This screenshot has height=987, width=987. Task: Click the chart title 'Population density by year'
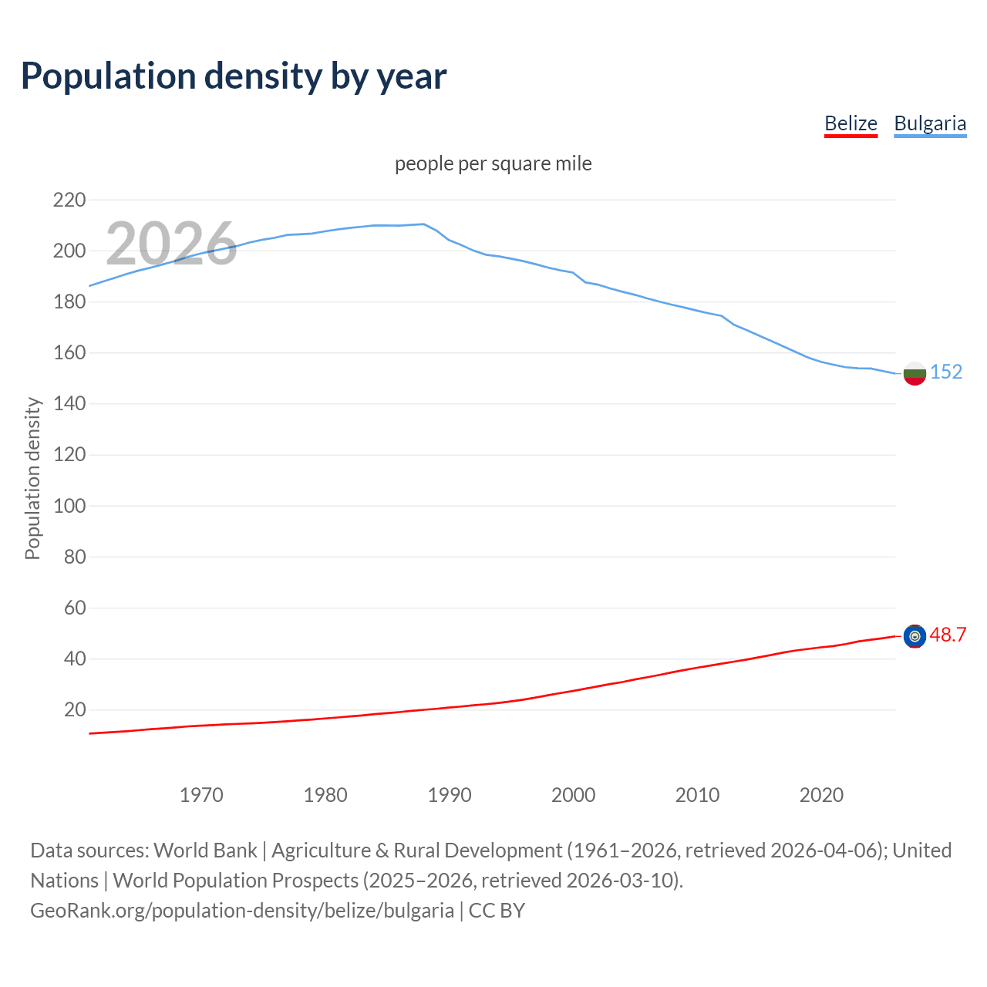coord(234,76)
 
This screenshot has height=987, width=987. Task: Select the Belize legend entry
coord(851,123)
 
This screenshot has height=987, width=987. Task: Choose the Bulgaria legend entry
coord(930,123)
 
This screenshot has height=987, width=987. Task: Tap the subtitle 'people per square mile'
coord(493,163)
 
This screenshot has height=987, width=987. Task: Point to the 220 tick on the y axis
coord(69,200)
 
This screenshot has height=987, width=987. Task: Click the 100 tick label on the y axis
coord(69,507)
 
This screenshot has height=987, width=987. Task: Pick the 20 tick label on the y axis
coord(75,710)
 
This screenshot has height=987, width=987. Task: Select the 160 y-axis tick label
coord(69,353)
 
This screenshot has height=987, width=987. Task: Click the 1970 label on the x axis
coord(201,795)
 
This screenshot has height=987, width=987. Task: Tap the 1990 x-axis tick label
coord(450,795)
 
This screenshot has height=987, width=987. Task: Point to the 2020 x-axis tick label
coord(821,795)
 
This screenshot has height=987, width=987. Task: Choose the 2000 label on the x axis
coord(574,795)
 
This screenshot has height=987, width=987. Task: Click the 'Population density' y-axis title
coord(32,478)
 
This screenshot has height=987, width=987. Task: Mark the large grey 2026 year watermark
coord(171,244)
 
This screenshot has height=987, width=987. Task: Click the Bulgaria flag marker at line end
coord(915,373)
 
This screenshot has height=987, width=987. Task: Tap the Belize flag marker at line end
coord(915,636)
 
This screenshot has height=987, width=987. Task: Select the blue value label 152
coord(946,372)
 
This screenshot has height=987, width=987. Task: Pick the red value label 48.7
coord(948,635)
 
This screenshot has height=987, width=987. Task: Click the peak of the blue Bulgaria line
coord(423,224)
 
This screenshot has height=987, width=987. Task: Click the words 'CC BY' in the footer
coord(497,911)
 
